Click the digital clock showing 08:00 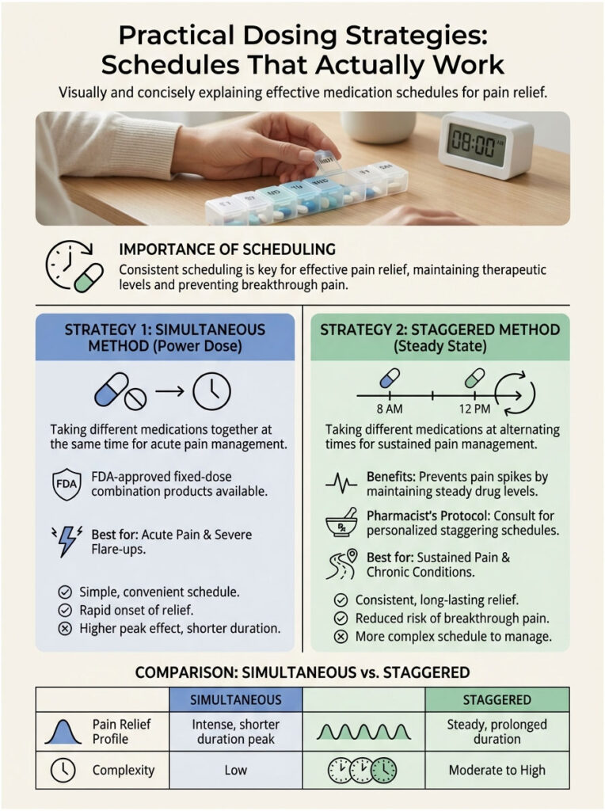coord(474,144)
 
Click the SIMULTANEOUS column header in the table coord(236,699)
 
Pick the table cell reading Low coord(236,769)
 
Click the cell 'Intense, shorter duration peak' coord(236,731)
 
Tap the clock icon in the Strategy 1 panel coord(211,390)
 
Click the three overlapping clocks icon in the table coord(361,769)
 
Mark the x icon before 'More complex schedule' coord(341,636)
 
